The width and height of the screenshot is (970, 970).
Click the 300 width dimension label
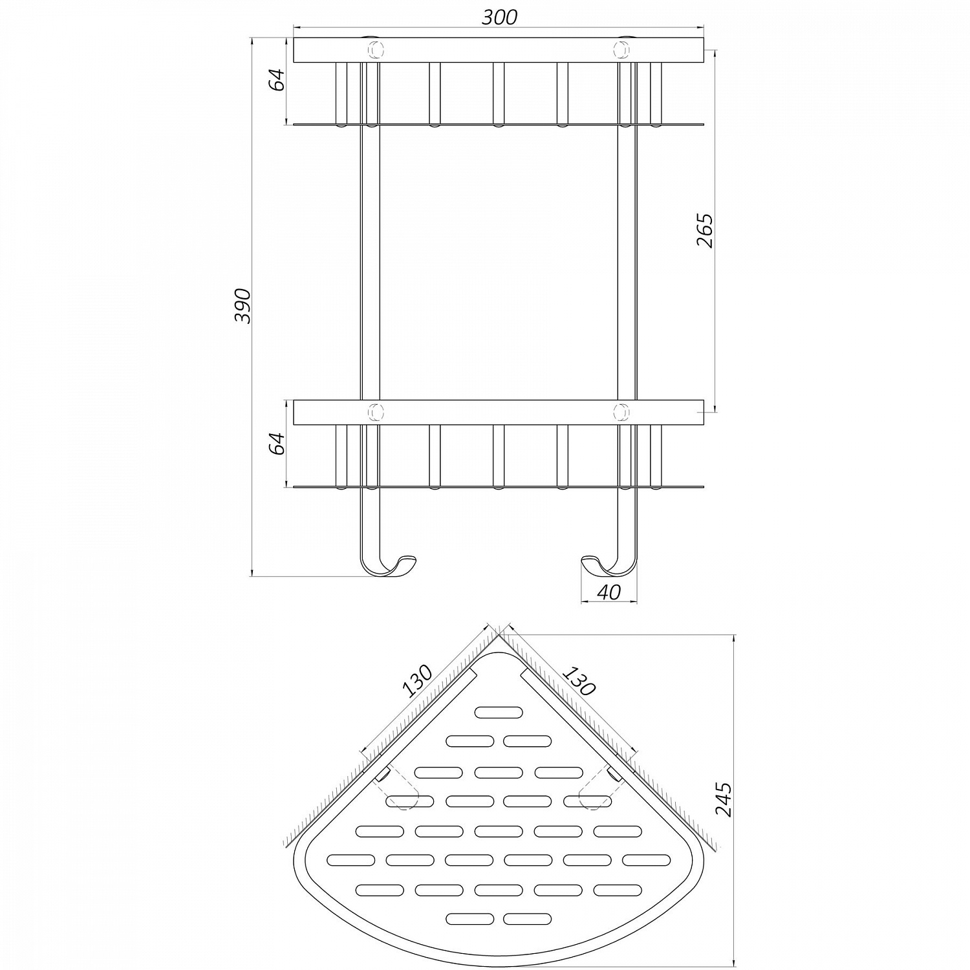tap(499, 17)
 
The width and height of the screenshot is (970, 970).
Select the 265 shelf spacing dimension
tap(705, 230)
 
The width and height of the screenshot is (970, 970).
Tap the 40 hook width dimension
tap(609, 592)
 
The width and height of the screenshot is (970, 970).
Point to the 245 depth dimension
tap(724, 799)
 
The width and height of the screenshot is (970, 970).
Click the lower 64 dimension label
tap(277, 443)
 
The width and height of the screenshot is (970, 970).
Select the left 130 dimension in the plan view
tap(417, 681)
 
